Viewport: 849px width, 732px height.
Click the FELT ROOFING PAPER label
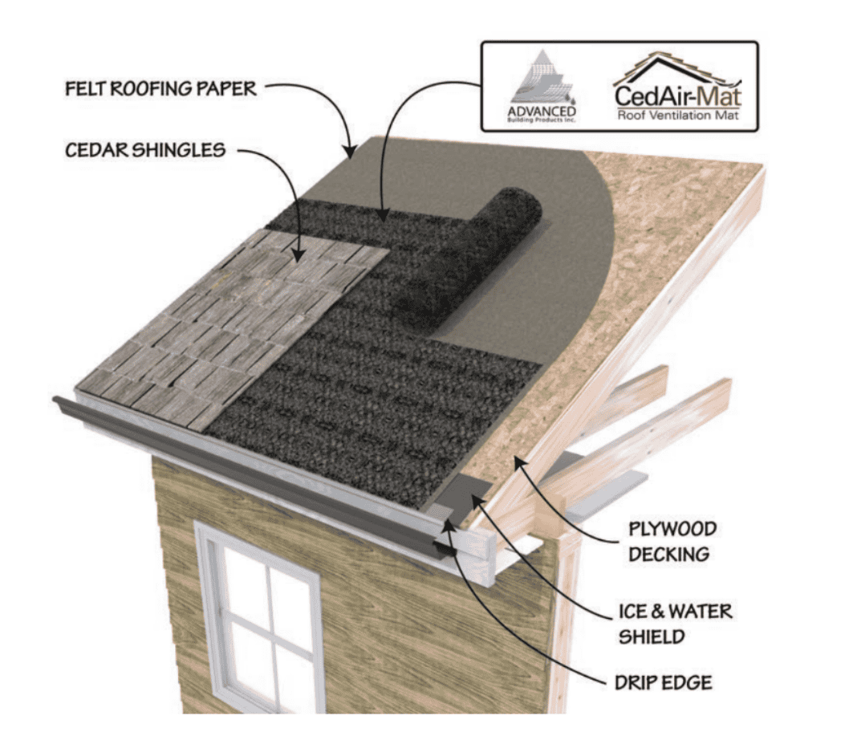(160, 88)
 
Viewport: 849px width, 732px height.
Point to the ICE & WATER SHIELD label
(673, 624)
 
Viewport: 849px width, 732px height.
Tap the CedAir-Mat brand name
(679, 95)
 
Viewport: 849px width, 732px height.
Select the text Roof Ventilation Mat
(679, 116)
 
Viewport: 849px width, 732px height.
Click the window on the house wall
(257, 618)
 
